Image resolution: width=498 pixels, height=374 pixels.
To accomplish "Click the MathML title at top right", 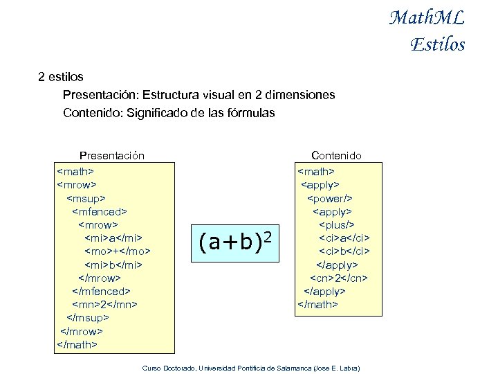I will (x=426, y=17).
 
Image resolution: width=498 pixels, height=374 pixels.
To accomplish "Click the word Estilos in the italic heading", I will (x=437, y=45).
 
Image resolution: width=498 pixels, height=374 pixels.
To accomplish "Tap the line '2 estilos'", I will (x=61, y=76).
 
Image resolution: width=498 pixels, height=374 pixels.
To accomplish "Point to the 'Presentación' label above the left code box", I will (x=112, y=156).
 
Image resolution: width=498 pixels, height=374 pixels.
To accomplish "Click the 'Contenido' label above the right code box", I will (x=336, y=156).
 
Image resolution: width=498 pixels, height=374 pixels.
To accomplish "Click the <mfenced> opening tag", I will (x=100, y=211).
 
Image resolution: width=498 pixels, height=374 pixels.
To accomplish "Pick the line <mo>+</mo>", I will (x=118, y=251).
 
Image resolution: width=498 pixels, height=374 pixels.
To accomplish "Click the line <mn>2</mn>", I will (x=104, y=304).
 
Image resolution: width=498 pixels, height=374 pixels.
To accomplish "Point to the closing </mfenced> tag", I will (x=102, y=291).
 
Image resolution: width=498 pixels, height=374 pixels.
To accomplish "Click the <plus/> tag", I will (x=336, y=224).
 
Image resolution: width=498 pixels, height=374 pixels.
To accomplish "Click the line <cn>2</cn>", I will (x=338, y=278).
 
